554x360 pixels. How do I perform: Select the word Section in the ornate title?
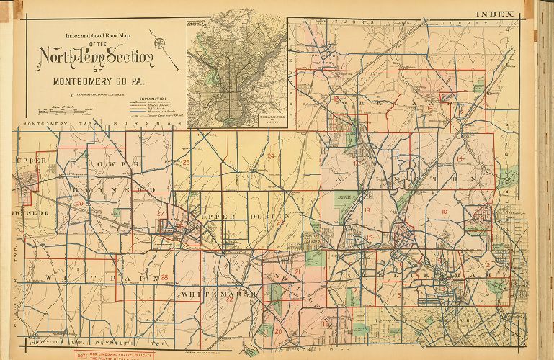coord(128,56)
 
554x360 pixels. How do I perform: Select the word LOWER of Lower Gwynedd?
coord(110,164)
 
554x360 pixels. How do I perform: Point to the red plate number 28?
coord(165,277)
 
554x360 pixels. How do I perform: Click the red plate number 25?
coord(186,163)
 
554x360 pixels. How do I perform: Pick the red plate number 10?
coord(444,212)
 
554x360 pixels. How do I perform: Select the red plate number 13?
coord(367,210)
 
